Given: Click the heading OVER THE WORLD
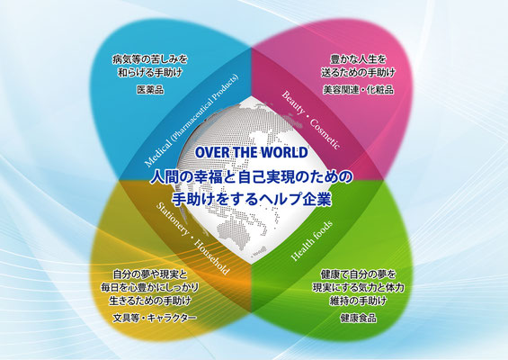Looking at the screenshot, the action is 252,152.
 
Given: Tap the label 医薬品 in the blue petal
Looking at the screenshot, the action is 150,89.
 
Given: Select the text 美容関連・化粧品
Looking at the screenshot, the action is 359,89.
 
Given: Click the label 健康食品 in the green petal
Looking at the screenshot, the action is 359,318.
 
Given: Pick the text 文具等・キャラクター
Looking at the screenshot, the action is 155,318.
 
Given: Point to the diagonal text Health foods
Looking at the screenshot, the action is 312,240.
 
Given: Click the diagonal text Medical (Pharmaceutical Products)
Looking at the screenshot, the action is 192,121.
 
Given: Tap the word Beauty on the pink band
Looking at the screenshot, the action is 293,103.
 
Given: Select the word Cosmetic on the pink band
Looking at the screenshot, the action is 325,134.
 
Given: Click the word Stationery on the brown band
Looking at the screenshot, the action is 173,219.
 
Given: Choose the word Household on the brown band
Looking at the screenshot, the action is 212,258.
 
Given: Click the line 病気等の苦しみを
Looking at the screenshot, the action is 150,59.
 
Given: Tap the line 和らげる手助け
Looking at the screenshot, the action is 150,73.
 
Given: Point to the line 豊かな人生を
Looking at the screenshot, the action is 359,59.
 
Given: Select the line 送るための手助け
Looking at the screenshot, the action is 359,73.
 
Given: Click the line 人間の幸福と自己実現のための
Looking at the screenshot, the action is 252,177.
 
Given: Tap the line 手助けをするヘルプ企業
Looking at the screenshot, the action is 252,199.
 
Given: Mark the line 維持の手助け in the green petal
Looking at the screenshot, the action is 359,301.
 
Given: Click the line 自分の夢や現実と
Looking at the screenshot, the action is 150,275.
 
